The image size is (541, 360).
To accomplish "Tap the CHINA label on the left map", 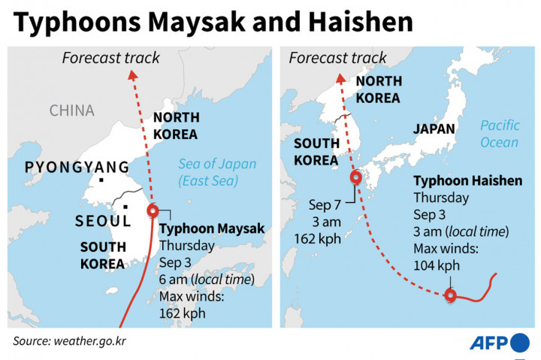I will pos(72,110).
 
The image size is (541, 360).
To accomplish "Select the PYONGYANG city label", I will pos(77,167).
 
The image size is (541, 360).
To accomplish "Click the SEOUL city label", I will pos(102,221).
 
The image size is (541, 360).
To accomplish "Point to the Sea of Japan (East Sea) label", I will pos(217,172).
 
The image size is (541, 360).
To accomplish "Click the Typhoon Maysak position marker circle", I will pos(153,211).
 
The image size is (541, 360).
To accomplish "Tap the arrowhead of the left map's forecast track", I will pos(133,73).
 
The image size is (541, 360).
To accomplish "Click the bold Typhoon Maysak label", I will pos(212,228).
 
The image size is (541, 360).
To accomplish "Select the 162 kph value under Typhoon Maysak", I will pos(182,312).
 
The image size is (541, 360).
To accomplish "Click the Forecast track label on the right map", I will pos(337,57).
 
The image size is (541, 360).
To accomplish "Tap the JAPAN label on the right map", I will pos(434,129).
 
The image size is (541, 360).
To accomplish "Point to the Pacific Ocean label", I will pos(500,134).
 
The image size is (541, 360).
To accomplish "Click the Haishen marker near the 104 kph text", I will pos(450,295).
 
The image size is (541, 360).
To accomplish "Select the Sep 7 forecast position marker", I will pos(355,179).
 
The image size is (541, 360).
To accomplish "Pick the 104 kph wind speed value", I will pos(437,265).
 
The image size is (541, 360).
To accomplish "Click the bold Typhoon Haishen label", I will pos(468,181).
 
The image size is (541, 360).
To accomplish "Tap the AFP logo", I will pos(499,342).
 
